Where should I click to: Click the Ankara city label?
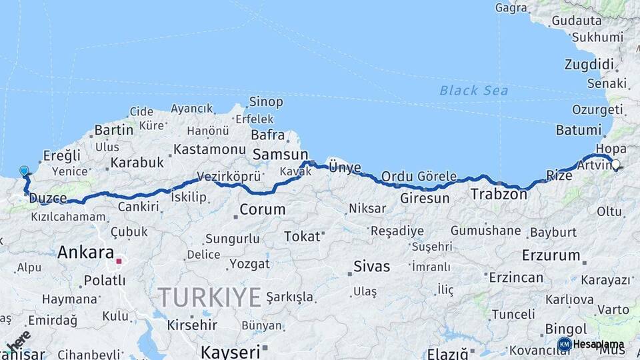tap(85, 253)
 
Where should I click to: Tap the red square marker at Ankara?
tap(120, 261)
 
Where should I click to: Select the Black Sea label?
tap(474, 91)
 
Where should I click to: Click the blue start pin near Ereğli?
tap(25, 171)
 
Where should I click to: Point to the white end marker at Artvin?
tap(615, 164)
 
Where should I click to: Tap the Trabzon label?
tap(499, 195)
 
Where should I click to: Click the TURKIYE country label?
tap(209, 297)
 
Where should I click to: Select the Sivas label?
tap(371, 267)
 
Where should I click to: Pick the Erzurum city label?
tap(551, 255)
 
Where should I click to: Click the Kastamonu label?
tap(210, 149)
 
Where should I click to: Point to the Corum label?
tap(262, 209)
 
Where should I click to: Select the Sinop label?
tap(265, 102)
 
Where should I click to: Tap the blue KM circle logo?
tap(564, 344)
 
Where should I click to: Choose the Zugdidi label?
tap(589, 65)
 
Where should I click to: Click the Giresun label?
tap(425, 198)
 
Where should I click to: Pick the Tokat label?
tap(302, 236)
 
